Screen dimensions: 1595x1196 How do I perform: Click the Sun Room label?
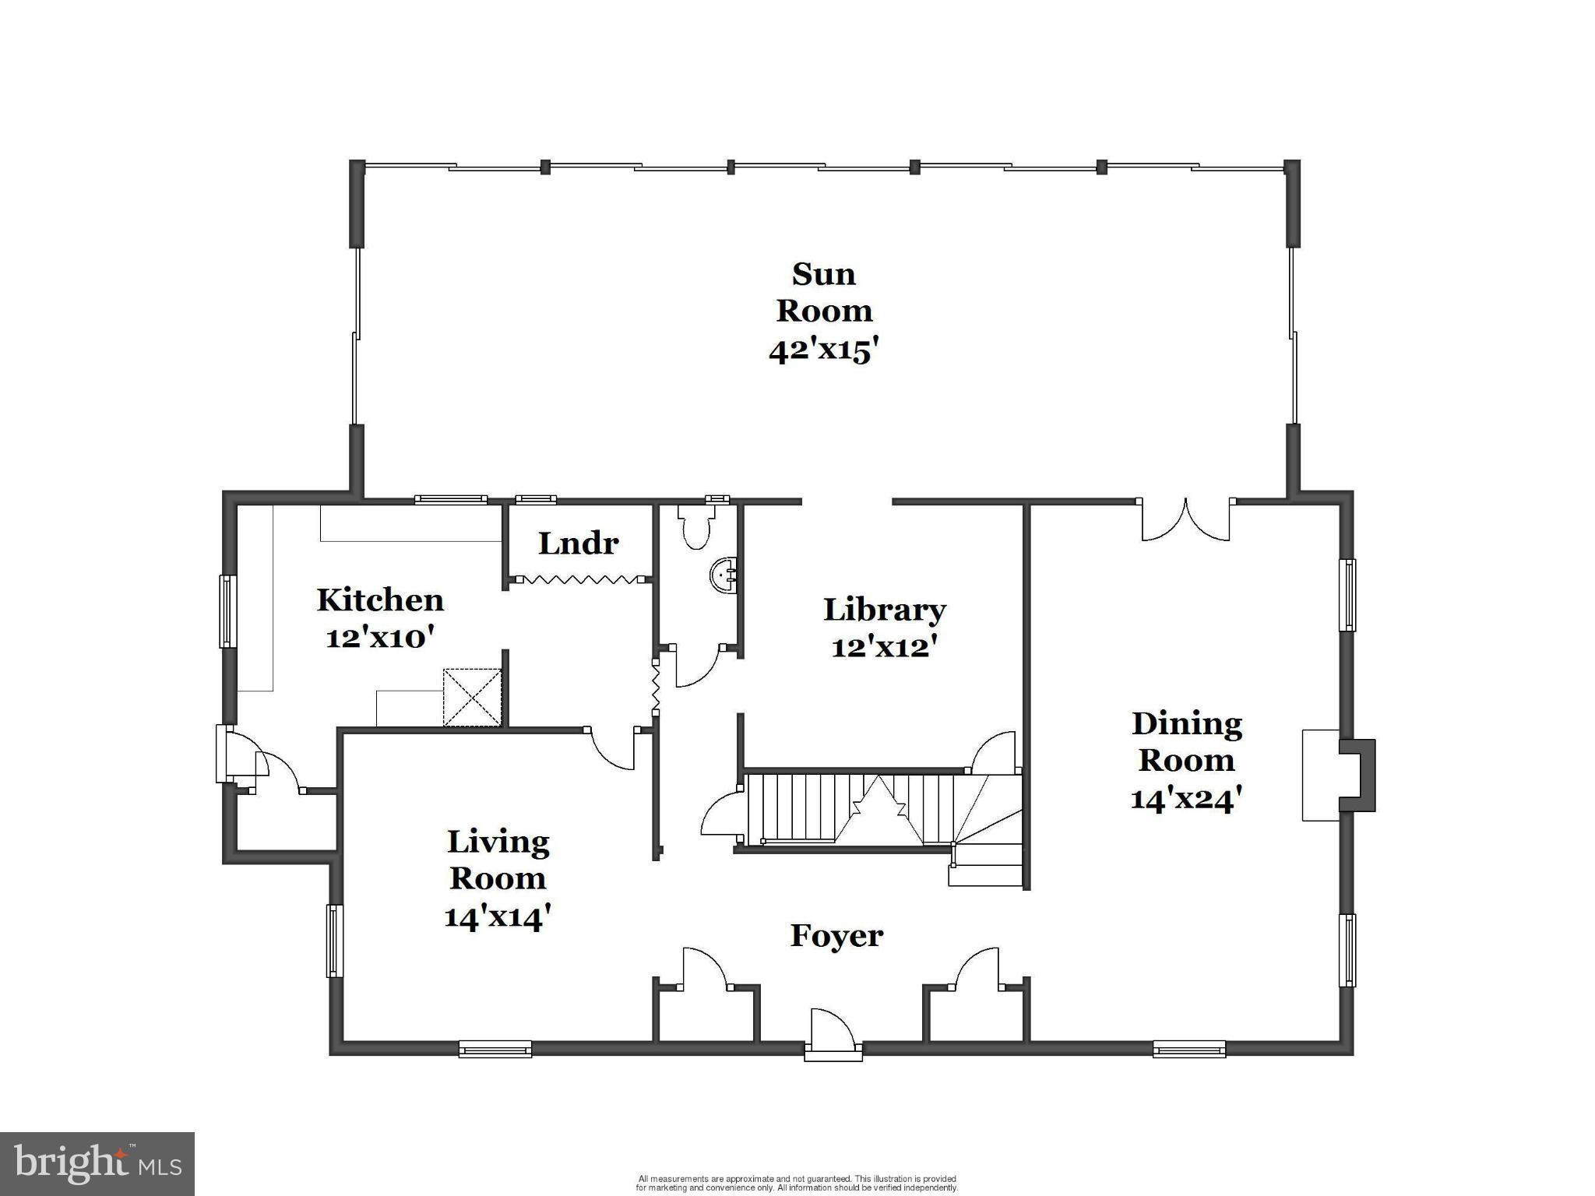[824, 292]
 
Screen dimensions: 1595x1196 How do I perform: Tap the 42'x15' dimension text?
[824, 350]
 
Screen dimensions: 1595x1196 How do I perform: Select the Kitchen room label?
[380, 600]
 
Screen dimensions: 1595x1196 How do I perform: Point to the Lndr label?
[578, 543]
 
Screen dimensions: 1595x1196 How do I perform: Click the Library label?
[885, 610]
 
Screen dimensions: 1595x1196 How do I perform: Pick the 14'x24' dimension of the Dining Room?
[1186, 799]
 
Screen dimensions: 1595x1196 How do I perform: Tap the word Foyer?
[836, 935]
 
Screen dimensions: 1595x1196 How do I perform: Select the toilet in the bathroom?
[695, 526]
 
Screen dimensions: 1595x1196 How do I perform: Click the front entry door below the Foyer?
[833, 1036]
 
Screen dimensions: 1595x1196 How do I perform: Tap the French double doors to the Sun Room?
[1185, 520]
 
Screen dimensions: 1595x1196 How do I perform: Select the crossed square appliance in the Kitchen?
[472, 698]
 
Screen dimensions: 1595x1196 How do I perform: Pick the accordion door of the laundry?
[579, 579]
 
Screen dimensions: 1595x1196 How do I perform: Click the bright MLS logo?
[97, 1163]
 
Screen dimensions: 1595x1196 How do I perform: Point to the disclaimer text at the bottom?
[797, 1184]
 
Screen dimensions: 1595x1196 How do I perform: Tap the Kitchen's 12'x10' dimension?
[379, 638]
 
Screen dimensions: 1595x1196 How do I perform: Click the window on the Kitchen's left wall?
[227, 611]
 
